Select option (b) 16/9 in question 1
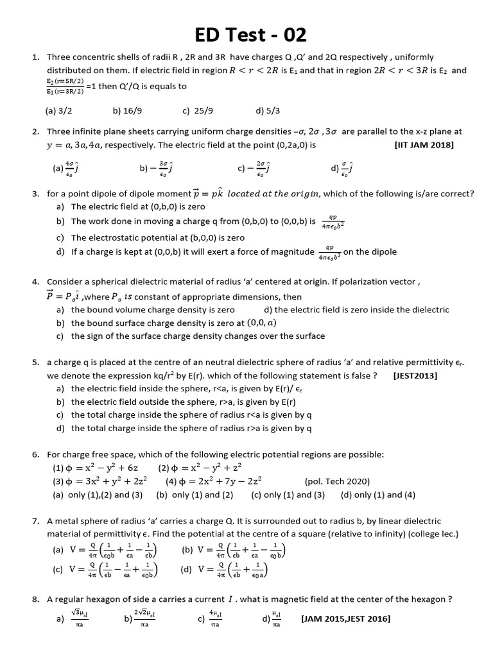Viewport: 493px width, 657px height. click(126, 110)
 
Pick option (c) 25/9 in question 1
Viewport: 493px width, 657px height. click(197, 110)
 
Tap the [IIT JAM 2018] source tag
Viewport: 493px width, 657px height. click(424, 145)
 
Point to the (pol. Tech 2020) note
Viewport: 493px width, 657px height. click(337, 481)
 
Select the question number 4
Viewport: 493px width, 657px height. click(36, 282)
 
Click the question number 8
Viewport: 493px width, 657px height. click(36, 599)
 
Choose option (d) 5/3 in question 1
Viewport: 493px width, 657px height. click(268, 110)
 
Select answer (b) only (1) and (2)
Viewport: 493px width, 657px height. click(195, 495)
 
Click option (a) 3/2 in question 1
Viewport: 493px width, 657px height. click(58, 110)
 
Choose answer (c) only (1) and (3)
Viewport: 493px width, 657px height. click(288, 495)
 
